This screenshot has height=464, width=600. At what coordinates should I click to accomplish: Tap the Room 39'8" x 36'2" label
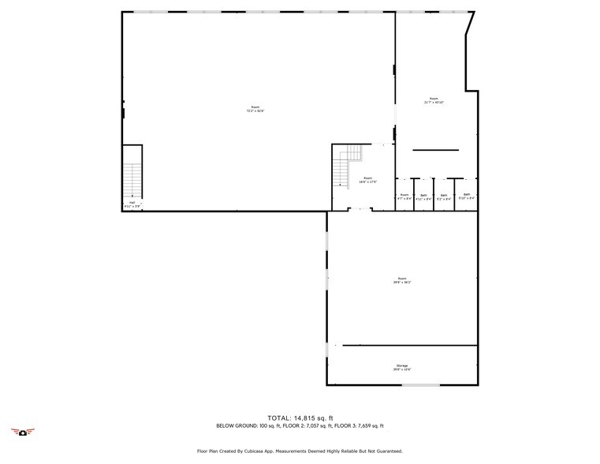(x=402, y=280)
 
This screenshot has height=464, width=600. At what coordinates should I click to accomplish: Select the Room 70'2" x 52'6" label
(x=254, y=109)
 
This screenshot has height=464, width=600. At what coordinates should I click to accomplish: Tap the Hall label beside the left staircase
(x=132, y=204)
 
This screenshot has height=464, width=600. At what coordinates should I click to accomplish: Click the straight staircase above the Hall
(x=132, y=178)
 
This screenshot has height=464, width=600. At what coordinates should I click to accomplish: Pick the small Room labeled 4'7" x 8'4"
(x=404, y=196)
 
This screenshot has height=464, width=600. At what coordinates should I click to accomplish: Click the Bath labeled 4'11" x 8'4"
(x=423, y=196)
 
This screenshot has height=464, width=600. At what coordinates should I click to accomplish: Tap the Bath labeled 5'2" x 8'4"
(x=444, y=196)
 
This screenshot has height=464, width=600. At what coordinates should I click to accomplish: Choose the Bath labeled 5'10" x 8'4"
(x=467, y=196)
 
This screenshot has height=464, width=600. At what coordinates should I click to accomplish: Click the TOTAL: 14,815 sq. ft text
(x=300, y=417)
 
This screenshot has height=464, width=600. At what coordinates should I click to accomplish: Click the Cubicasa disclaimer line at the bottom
(x=300, y=451)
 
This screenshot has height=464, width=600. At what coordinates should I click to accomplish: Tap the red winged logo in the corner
(x=24, y=431)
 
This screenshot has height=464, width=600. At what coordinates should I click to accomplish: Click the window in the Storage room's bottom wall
(x=420, y=385)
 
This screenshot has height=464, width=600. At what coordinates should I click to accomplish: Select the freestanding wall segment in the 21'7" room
(x=435, y=150)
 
